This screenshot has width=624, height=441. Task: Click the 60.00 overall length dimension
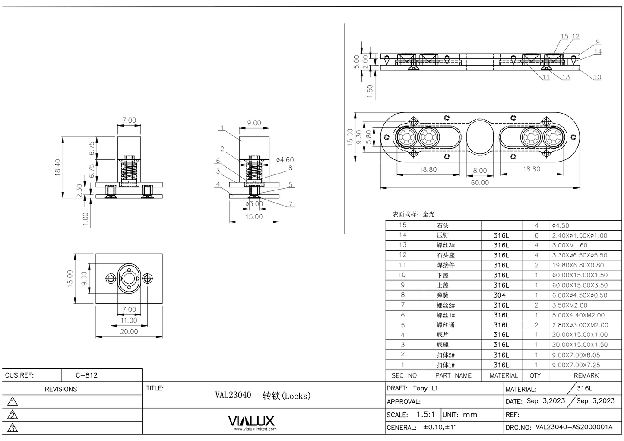tap(480, 183)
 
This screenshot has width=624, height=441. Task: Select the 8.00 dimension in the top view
tap(480, 171)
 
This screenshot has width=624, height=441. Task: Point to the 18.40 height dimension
tap(58, 167)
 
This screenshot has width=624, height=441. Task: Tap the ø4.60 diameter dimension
tap(285, 160)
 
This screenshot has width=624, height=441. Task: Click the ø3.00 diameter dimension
tap(254, 204)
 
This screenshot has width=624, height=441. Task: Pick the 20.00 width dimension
tap(129, 332)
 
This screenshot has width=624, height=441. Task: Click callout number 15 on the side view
tap(564, 36)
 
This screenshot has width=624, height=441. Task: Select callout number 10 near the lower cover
tap(597, 77)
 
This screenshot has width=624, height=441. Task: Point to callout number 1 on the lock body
tap(222, 128)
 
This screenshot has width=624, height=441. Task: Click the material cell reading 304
tap(499, 295)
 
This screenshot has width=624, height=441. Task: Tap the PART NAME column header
tap(453, 376)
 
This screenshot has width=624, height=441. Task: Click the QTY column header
tap(535, 376)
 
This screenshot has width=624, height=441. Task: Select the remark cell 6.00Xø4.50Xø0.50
tap(580, 295)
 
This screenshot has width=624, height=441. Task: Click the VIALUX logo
tap(251, 421)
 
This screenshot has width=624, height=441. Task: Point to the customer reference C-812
tap(87, 375)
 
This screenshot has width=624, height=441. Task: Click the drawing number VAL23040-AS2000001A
tap(574, 428)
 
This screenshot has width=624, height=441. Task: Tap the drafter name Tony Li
tap(425, 388)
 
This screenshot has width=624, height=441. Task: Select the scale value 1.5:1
tap(425, 415)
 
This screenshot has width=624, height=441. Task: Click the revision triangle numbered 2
tap(13, 415)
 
